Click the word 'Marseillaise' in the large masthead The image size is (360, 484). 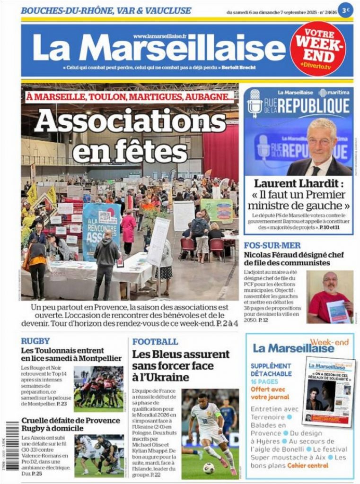click(x=185, y=49)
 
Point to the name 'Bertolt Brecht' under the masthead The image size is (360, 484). click(x=240, y=68)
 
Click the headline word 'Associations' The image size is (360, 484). click(x=130, y=121)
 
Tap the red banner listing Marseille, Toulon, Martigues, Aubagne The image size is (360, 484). click(x=130, y=97)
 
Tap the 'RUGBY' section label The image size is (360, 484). click(x=35, y=341)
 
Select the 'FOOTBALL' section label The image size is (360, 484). click(x=155, y=341)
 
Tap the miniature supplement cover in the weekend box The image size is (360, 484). click(x=328, y=391)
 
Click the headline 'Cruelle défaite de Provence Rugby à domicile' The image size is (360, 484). click(x=70, y=424)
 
